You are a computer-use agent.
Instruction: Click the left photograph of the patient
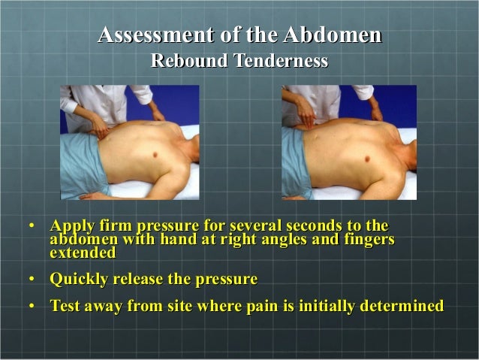click(x=130, y=142)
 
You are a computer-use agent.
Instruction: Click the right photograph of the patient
click(x=348, y=142)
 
